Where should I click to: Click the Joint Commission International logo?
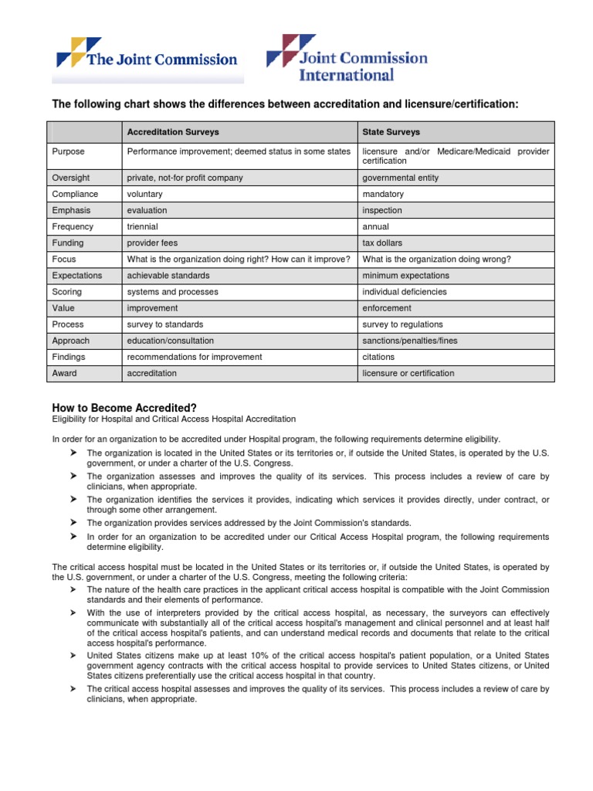point(347,58)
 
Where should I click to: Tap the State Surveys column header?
point(391,132)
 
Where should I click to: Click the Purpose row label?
point(69,152)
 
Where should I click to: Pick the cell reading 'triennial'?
point(143,227)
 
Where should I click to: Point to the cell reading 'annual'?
point(376,227)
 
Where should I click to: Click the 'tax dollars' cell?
point(382,243)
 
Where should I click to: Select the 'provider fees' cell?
point(152,243)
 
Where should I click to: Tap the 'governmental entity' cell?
point(400,178)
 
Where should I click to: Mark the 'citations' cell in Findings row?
point(378,357)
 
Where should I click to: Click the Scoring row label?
point(67,292)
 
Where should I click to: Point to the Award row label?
point(65,373)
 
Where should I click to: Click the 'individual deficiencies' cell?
point(405,292)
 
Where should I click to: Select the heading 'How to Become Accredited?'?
point(123,407)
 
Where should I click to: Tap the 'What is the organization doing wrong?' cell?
point(435,260)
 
